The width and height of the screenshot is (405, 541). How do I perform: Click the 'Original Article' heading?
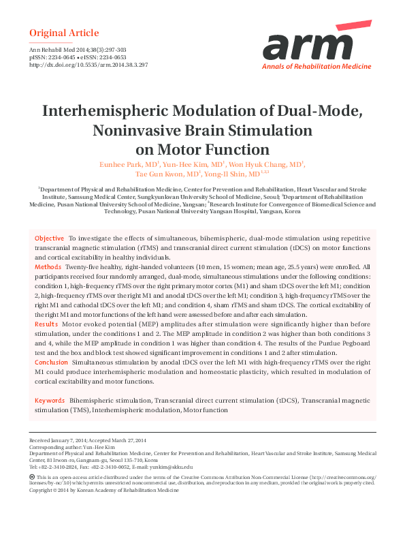(x=64, y=33)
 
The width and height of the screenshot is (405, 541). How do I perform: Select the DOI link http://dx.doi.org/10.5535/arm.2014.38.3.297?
(x=88, y=65)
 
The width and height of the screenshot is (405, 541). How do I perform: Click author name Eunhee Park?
(x=116, y=164)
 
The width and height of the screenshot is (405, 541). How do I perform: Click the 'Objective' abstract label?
(x=50, y=238)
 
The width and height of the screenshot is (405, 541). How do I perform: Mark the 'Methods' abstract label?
(x=48, y=268)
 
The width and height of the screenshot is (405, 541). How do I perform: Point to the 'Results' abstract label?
(x=46, y=325)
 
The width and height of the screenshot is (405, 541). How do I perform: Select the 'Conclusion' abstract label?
(x=51, y=362)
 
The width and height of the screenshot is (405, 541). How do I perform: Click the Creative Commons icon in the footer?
(x=33, y=477)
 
